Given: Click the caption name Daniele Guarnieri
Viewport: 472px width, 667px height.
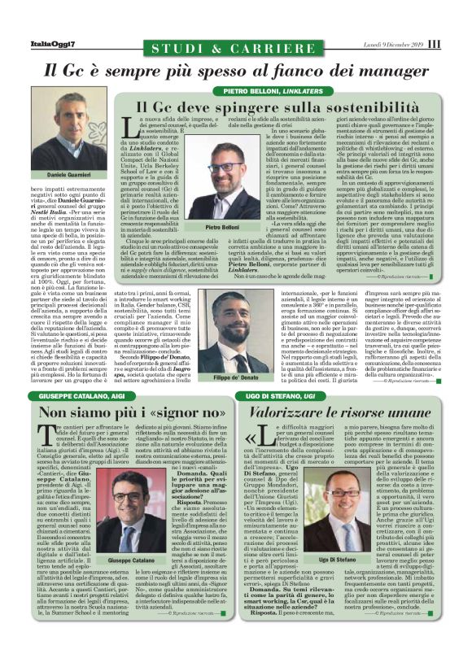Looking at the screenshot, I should point(68,176).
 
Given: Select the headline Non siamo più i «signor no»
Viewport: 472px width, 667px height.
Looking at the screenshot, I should point(119,413).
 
